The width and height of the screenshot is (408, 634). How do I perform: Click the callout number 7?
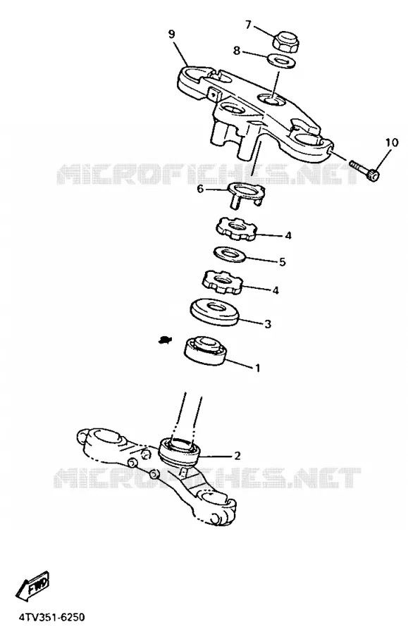click(x=248, y=25)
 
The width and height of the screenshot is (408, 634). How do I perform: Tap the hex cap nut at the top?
click(x=286, y=41)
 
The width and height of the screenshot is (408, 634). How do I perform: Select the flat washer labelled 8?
click(x=281, y=61)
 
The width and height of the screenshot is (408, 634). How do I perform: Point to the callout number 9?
click(x=172, y=35)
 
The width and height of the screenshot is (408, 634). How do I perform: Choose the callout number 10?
click(x=391, y=142)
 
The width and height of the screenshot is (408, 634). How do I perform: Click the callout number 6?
click(x=200, y=188)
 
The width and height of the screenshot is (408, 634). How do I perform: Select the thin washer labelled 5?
click(x=229, y=254)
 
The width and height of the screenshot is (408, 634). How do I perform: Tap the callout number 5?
click(x=283, y=261)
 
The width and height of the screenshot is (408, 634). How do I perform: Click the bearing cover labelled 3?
click(x=214, y=313)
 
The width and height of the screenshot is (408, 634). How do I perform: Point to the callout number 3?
click(x=267, y=324)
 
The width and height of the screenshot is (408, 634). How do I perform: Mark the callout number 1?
click(x=257, y=368)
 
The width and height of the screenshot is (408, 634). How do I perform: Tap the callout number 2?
click(x=237, y=456)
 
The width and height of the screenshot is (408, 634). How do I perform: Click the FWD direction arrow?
click(x=32, y=585)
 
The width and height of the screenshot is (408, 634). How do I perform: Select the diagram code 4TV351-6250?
click(x=51, y=617)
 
